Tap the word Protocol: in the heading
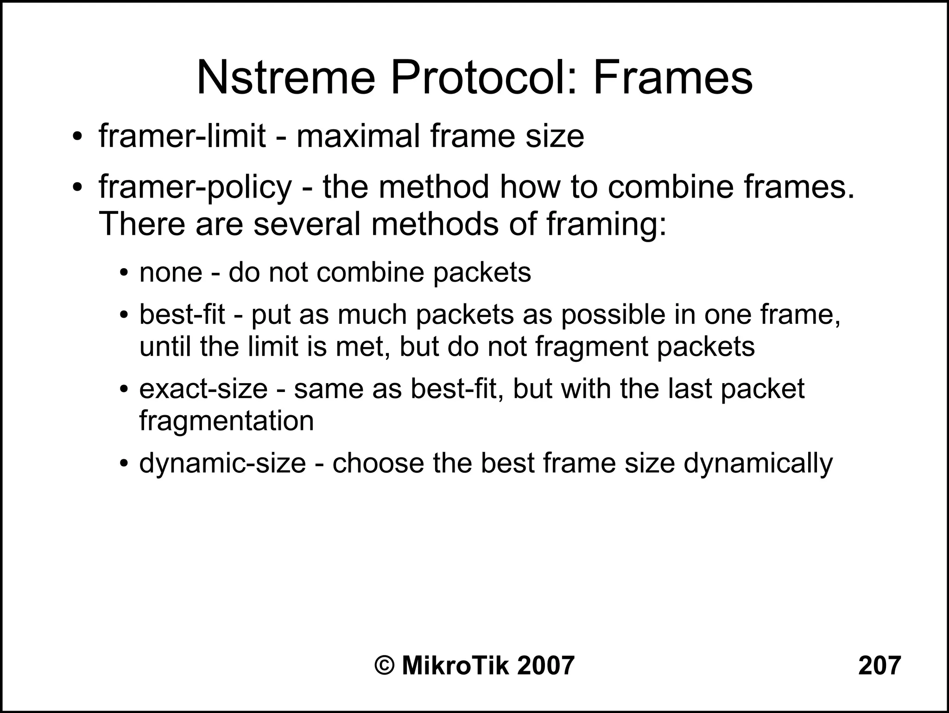pyautogui.click(x=484, y=78)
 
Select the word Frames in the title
pyautogui.click(x=673, y=78)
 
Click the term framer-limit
pyautogui.click(x=182, y=136)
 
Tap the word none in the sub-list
pyautogui.click(x=171, y=272)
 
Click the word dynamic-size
pyautogui.click(x=222, y=463)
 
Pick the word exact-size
pyautogui.click(x=203, y=389)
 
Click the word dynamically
pyautogui.click(x=758, y=463)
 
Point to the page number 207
pyautogui.click(x=879, y=666)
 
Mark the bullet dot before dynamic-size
pyautogui.click(x=123, y=464)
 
